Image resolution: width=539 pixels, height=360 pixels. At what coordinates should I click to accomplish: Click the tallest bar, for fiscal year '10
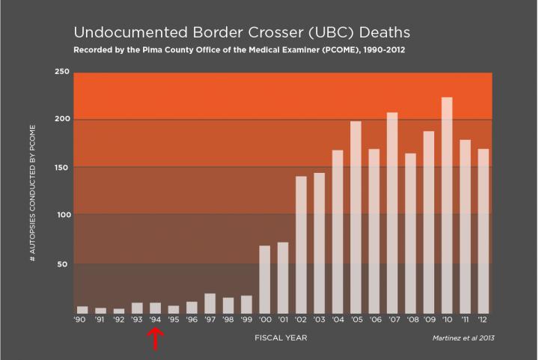tap(447, 205)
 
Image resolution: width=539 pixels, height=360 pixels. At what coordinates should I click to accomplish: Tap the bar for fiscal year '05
tap(356, 217)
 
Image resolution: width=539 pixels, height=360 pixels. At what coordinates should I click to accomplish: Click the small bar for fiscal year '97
tap(210, 303)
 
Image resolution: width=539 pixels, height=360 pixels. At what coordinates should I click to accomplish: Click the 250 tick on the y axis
tap(62, 72)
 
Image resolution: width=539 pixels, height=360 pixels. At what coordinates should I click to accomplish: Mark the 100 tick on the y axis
tap(62, 215)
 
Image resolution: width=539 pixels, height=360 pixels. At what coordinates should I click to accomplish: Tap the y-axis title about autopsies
tap(33, 194)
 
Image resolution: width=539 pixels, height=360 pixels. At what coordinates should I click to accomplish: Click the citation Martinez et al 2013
tap(464, 338)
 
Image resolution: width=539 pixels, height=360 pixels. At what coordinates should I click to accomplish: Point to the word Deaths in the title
tap(382, 33)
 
